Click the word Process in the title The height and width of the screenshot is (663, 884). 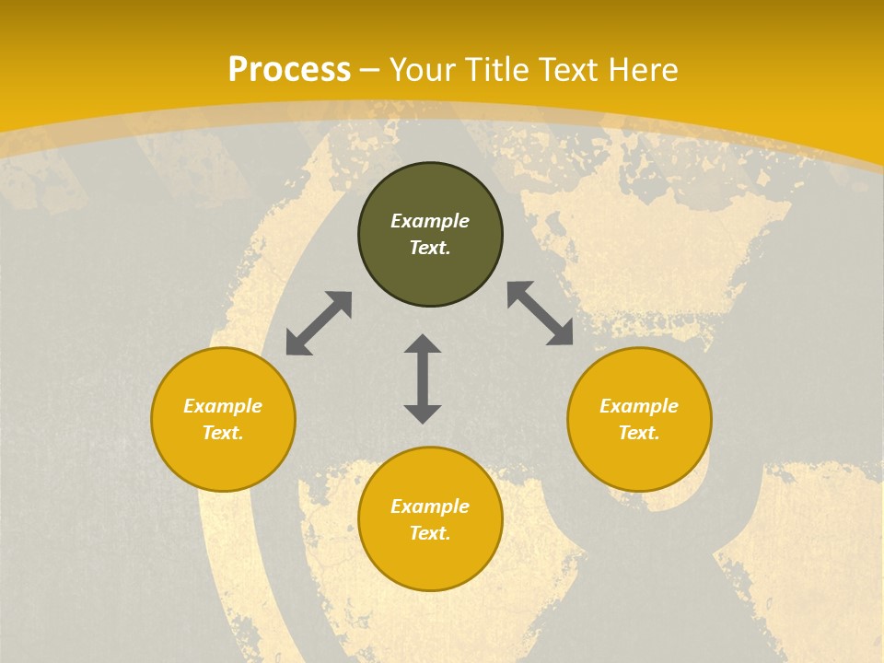tap(289, 70)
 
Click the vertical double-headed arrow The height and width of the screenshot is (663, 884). tap(423, 378)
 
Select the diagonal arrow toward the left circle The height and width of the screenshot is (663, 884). tap(319, 323)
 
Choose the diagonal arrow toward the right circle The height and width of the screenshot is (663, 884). tap(540, 313)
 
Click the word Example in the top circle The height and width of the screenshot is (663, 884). tap(430, 221)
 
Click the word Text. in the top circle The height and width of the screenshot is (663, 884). tap(430, 248)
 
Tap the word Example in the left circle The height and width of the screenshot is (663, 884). tap(223, 406)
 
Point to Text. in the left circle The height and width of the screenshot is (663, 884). tap(223, 433)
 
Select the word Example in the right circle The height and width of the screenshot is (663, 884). tap(639, 406)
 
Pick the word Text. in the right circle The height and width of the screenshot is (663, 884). tap(639, 433)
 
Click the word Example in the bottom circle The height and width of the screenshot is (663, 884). tap(430, 506)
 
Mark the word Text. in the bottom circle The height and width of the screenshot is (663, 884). tap(430, 533)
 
